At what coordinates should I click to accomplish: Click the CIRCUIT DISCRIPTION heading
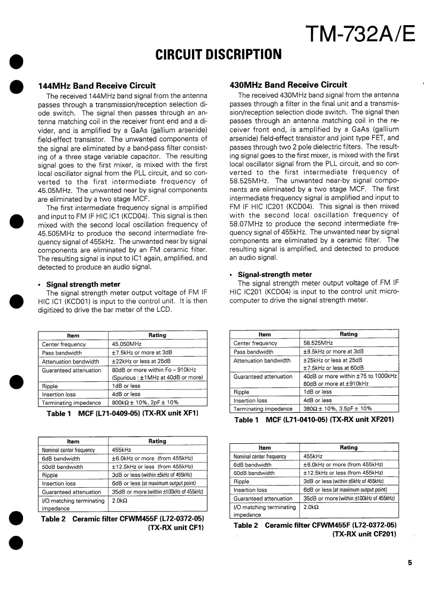pyautogui.click(x=218, y=55)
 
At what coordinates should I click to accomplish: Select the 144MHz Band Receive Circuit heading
pyautogui.click(x=97, y=86)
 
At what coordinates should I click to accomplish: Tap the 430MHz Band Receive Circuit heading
pyautogui.click(x=288, y=84)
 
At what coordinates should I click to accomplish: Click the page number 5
pyautogui.click(x=409, y=562)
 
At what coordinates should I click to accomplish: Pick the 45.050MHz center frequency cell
pyautogui.click(x=126, y=344)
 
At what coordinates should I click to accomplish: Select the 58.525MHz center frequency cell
pyautogui.click(x=318, y=343)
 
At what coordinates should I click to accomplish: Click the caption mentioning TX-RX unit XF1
pyautogui.click(x=122, y=413)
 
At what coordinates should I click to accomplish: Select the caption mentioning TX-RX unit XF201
pyautogui.click(x=314, y=420)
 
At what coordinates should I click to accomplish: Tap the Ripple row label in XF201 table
pyautogui.click(x=242, y=392)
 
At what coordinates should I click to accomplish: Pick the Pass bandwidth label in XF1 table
pyautogui.click(x=62, y=353)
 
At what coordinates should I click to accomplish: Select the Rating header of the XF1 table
pyautogui.click(x=157, y=335)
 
